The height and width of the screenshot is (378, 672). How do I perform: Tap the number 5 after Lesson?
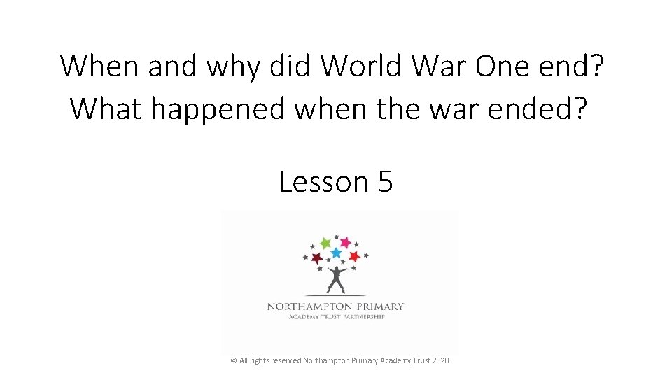pyautogui.click(x=385, y=182)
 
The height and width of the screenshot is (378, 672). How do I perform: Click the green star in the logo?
pyautogui.click(x=325, y=243)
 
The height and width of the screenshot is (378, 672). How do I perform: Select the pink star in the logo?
pyautogui.click(x=345, y=242)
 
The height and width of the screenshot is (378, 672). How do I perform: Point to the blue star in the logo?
pyautogui.click(x=336, y=253)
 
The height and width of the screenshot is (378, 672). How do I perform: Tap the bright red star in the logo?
pyautogui.click(x=354, y=256)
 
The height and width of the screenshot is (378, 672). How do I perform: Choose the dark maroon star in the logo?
pyautogui.click(x=317, y=258)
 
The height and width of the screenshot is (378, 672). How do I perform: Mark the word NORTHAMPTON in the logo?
pyautogui.click(x=309, y=306)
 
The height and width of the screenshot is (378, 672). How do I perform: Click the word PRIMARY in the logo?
pyautogui.click(x=379, y=306)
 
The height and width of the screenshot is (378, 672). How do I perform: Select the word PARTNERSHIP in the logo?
pyautogui.click(x=363, y=316)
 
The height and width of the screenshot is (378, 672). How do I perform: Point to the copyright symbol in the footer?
pyautogui.click(x=234, y=360)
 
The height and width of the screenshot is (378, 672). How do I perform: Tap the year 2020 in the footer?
pyautogui.click(x=441, y=360)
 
